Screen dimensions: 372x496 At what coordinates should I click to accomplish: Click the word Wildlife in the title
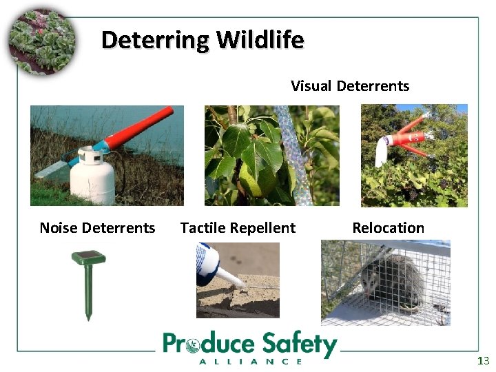pos(260,40)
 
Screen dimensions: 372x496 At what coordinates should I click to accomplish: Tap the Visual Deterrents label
pos(350,86)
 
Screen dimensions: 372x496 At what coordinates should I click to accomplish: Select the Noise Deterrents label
pos(98,228)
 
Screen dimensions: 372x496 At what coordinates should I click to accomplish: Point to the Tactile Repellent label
pos(238,228)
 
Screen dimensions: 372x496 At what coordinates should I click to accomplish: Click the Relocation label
pos(389,228)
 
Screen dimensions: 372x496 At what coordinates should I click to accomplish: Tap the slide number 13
pos(483,361)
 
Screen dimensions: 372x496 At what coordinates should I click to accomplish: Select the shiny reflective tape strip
pos(296,154)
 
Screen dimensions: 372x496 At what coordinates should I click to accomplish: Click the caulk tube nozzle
pos(231,280)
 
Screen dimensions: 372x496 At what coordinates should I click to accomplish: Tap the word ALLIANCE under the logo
pos(250,361)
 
